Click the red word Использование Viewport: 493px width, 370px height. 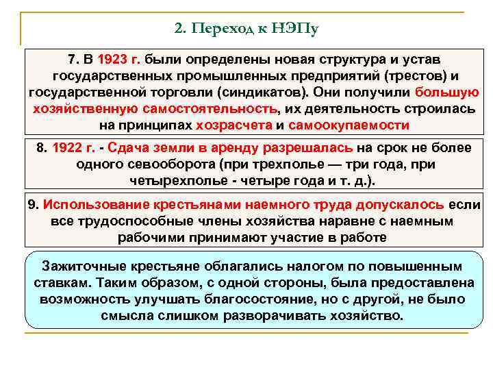91,204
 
